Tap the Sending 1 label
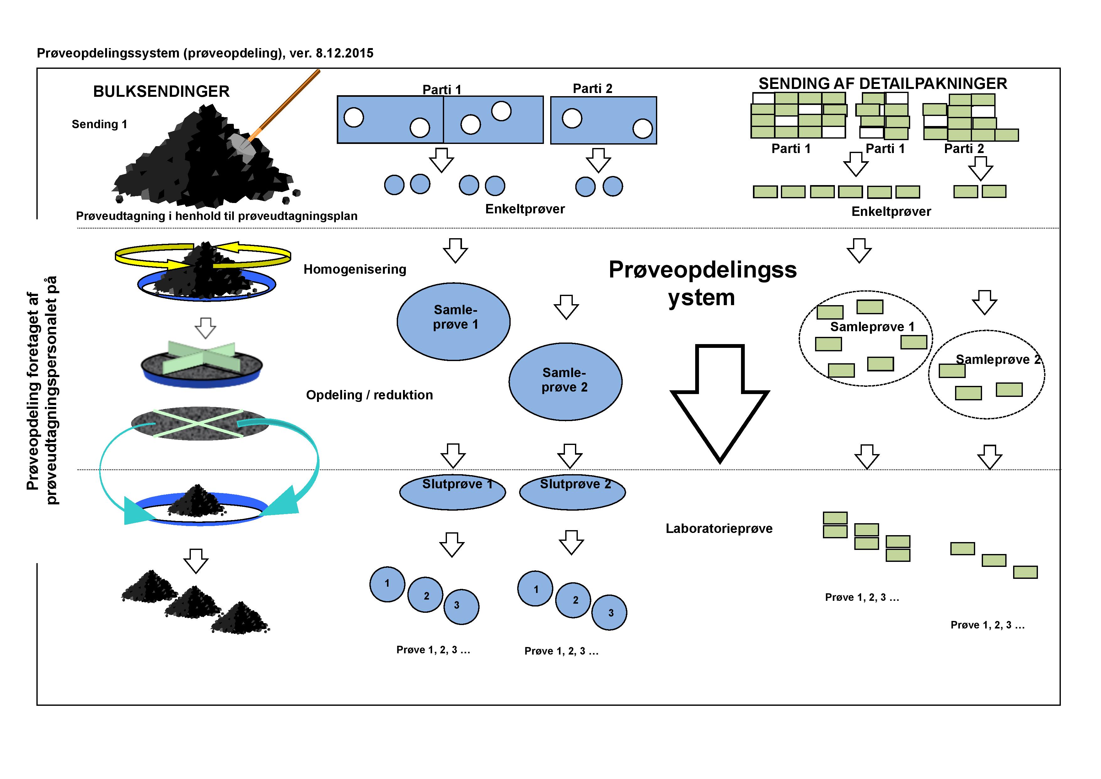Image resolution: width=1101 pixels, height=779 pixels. pos(99,124)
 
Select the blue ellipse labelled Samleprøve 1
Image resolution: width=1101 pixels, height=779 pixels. pos(454,321)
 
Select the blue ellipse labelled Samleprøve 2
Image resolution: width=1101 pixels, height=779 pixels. pos(565,381)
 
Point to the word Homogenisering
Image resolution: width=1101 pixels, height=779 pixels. pos(355,269)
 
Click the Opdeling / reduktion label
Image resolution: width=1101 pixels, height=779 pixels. pos(369,395)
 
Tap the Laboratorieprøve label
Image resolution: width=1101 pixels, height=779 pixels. pos(719,529)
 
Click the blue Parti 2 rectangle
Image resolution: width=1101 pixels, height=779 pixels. pos(603,120)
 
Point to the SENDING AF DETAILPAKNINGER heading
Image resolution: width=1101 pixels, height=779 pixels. pos(882,84)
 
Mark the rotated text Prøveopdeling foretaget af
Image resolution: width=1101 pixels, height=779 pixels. pos(33,391)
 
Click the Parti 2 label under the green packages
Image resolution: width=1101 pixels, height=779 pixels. pos(964,149)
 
